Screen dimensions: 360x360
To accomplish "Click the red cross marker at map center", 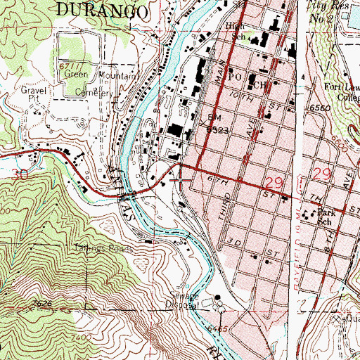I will pos(180,180).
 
